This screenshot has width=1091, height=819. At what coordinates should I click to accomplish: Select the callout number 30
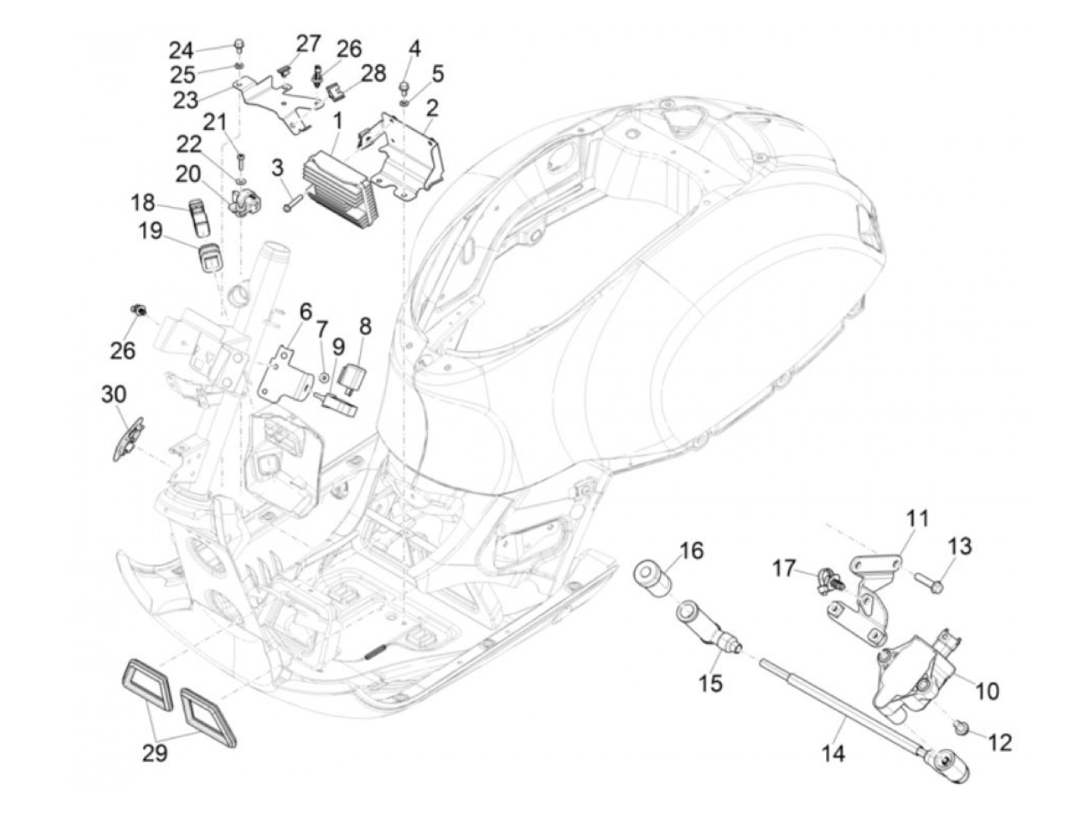(114, 395)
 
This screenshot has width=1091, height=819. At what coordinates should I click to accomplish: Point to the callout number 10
(987, 691)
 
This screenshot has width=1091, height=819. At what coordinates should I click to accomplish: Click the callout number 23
(185, 100)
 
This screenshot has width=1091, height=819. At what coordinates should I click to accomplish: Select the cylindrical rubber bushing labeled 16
(651, 576)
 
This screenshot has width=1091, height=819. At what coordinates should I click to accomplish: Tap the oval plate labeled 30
(127, 439)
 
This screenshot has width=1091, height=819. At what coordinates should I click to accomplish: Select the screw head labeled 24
(239, 46)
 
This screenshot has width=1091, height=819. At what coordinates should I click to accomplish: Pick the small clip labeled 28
(335, 90)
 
